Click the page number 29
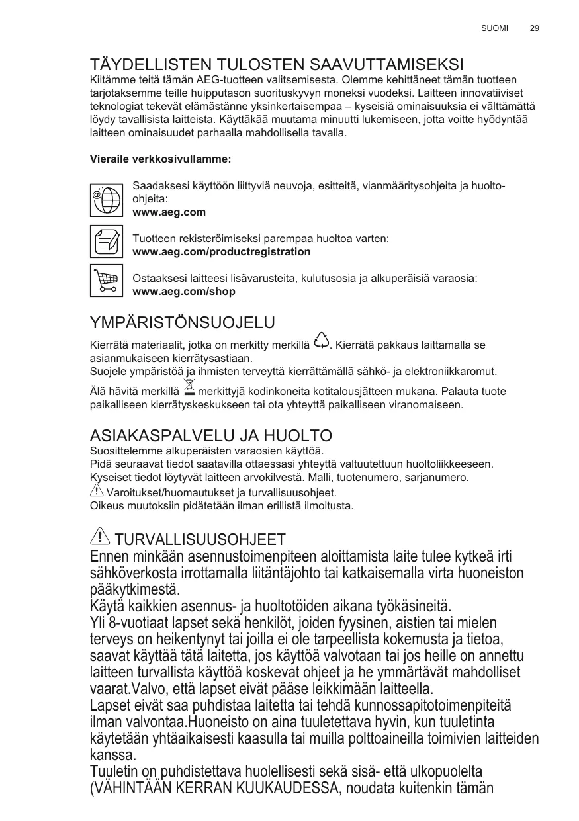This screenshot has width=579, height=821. [x=535, y=28]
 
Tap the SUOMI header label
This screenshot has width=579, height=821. [x=494, y=28]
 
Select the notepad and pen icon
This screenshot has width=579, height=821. [x=106, y=241]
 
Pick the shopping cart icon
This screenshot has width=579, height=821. [x=106, y=281]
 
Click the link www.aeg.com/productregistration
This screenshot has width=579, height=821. [x=222, y=252]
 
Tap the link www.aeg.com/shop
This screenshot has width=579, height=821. [x=184, y=291]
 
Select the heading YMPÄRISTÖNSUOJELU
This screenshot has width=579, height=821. [x=182, y=323]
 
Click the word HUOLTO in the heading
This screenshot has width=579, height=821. [x=297, y=436]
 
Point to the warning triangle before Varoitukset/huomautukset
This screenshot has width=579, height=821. [x=96, y=492]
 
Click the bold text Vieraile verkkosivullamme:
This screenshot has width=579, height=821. [x=160, y=159]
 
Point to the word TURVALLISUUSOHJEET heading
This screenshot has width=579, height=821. [x=200, y=539]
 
